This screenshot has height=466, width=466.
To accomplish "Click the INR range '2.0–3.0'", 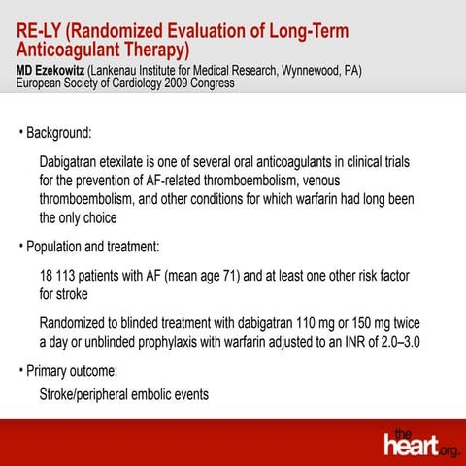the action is (402, 342).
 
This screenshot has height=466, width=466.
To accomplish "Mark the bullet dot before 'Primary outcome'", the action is (20, 371).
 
